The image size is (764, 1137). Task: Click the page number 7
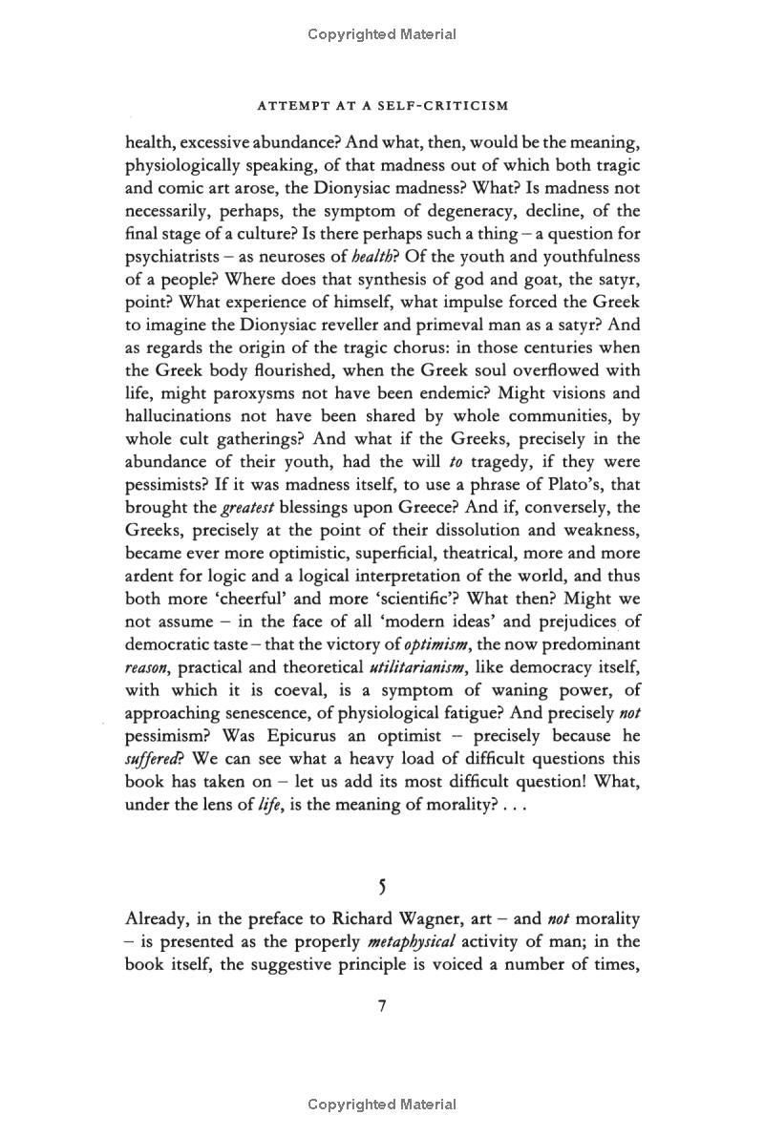382,1007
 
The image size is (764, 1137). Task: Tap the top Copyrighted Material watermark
382,34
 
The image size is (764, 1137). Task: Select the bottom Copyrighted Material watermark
382,1105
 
